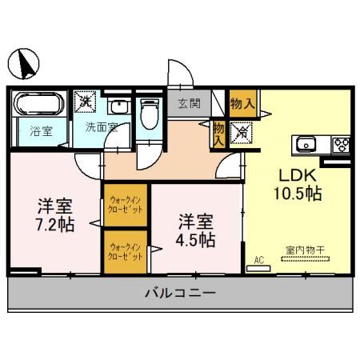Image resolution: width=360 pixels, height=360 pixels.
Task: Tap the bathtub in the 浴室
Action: tap(39, 105)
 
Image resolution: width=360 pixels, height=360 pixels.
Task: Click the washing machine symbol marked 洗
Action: tap(86, 102)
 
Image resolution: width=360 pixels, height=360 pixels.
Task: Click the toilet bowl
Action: tap(149, 113)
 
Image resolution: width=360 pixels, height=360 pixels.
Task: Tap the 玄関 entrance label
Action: tap(189, 102)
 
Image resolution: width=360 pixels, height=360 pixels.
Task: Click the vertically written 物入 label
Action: tap(218, 133)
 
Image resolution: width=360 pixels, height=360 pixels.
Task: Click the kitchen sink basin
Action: tap(306, 144)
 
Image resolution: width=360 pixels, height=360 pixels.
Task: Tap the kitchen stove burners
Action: tap(342, 144)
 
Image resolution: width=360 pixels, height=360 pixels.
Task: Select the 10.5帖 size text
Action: tap(299, 194)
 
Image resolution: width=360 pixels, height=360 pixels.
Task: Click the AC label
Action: tap(258, 260)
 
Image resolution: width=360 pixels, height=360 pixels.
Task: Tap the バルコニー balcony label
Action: tap(180, 294)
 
